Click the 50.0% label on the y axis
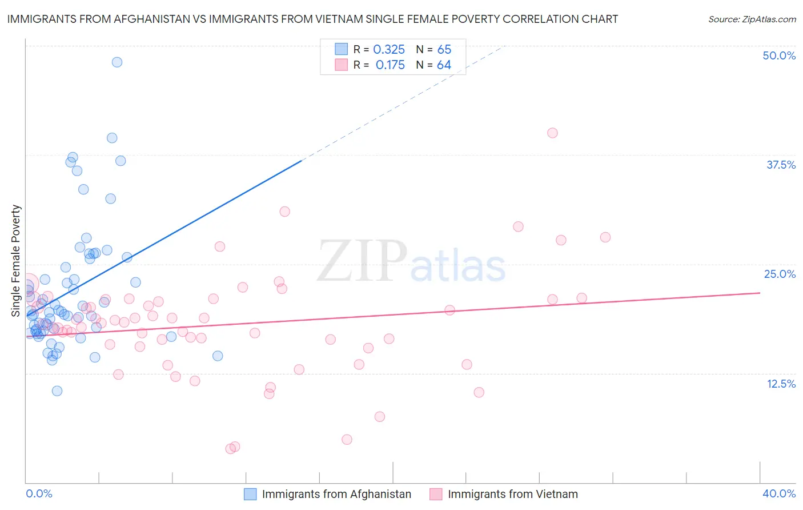coord(779,55)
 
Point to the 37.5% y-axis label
coord(781,165)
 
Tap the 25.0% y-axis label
coord(780,274)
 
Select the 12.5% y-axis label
coord(781,383)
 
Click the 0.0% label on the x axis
coord(39,493)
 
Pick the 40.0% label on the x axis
coord(779,493)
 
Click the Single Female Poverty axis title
coord(16,261)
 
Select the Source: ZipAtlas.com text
coord(752,19)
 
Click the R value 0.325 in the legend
coord(389,50)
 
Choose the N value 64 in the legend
coord(444,65)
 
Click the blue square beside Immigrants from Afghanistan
coord(250,494)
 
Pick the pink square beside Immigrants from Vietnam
coord(436,494)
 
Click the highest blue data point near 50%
coord(117,62)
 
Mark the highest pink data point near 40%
coord(552,133)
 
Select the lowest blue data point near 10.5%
coord(57,391)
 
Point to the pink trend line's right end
coord(759,293)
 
